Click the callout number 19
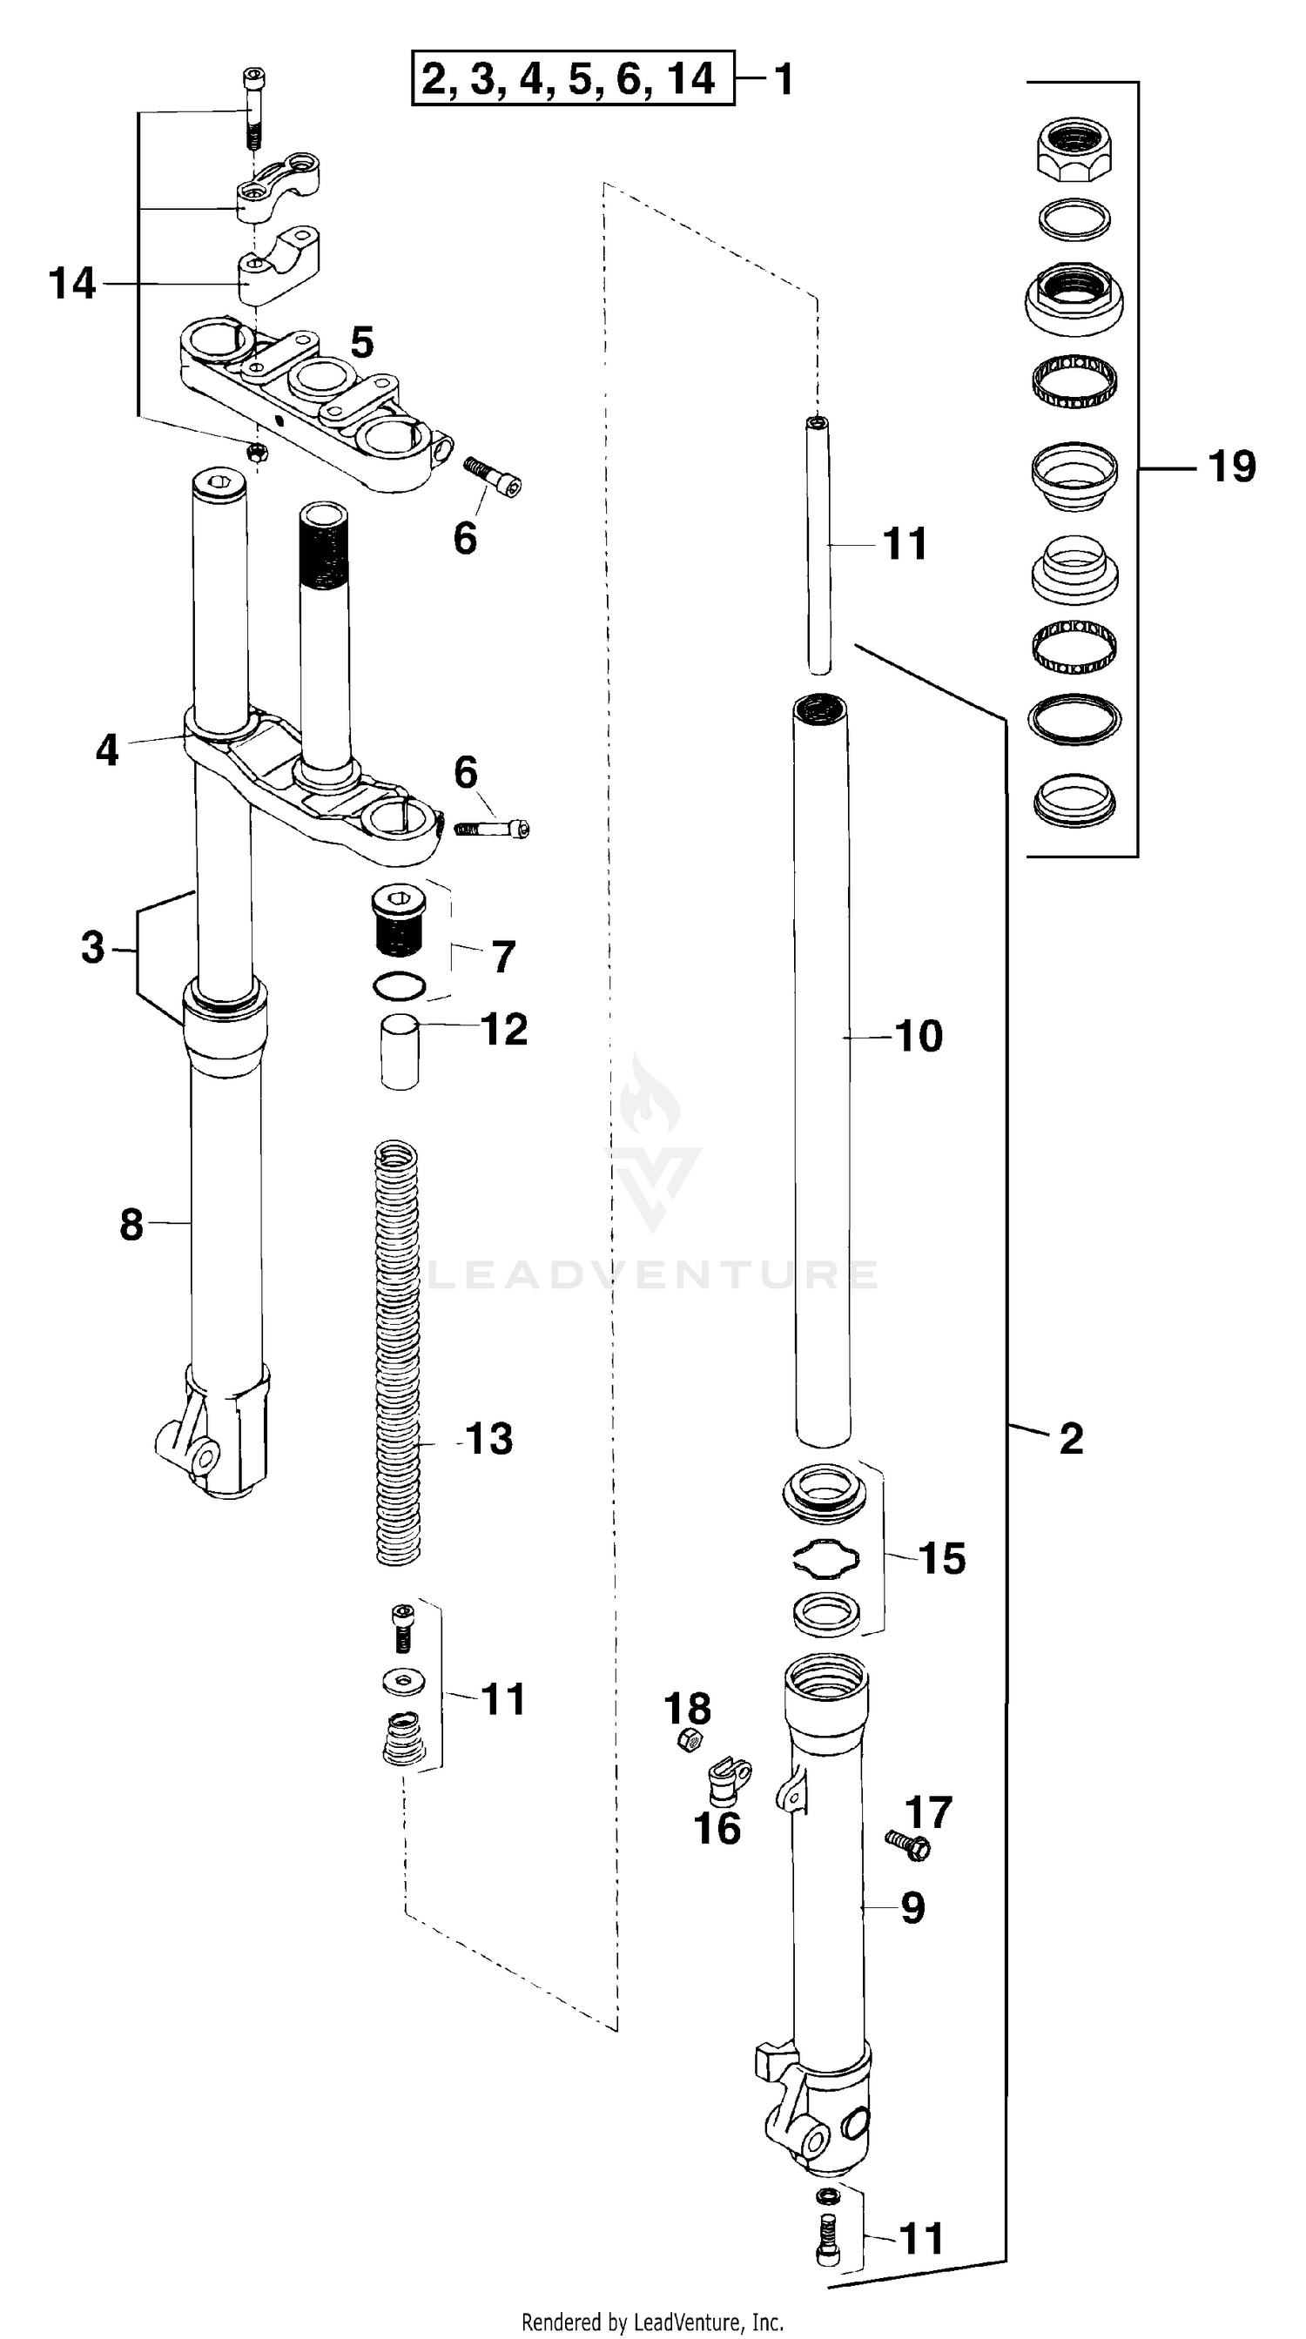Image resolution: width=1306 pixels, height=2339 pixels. click(x=1231, y=467)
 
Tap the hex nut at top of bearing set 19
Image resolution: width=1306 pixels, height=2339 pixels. click(x=1075, y=150)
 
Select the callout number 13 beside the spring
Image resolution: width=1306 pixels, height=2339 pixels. click(x=488, y=1439)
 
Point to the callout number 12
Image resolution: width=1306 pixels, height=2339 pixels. click(x=504, y=1030)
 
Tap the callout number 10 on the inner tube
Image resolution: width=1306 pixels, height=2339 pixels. click(x=919, y=1036)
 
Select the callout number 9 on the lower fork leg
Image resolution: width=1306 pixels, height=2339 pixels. click(x=912, y=1908)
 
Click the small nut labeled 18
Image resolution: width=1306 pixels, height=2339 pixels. click(x=690, y=1741)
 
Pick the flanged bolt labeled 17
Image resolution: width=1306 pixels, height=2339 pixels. click(x=908, y=1845)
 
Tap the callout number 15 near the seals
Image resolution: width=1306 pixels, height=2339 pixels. click(x=942, y=1559)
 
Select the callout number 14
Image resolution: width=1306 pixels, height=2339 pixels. click(x=71, y=283)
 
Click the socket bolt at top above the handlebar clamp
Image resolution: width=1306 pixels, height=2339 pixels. click(x=253, y=109)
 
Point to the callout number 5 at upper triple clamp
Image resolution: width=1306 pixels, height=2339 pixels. click(x=361, y=343)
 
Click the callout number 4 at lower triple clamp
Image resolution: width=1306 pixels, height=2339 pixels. click(x=106, y=750)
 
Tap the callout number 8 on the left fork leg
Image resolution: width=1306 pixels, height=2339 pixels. click(x=131, y=1225)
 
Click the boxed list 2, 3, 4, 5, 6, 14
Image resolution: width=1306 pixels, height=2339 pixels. click(x=572, y=79)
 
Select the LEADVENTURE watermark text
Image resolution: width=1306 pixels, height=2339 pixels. click(x=652, y=1274)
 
